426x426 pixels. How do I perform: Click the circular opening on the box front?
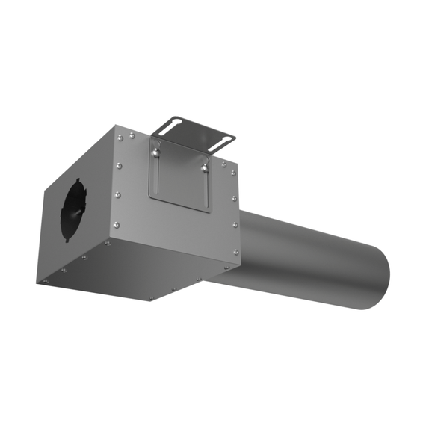pos(75,210)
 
